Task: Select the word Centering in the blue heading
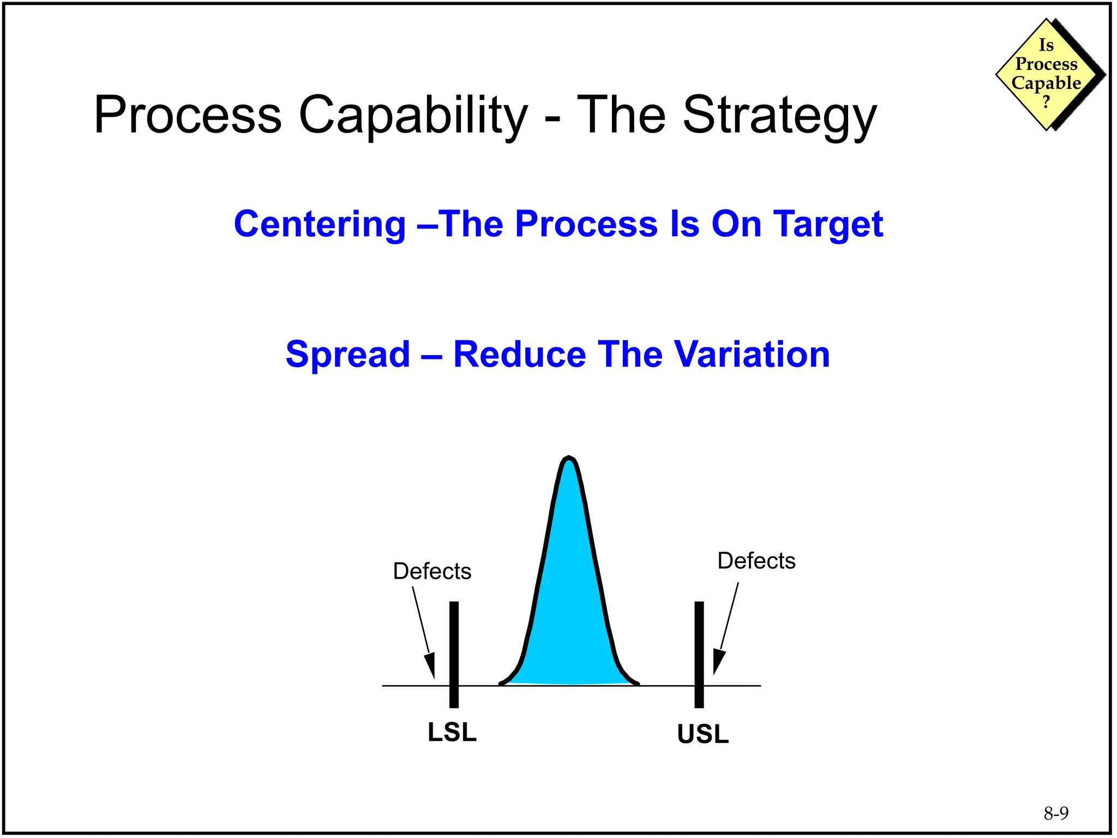(320, 224)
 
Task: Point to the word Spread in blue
(347, 355)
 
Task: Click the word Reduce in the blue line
(519, 355)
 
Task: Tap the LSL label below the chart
(452, 732)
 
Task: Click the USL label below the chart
(702, 734)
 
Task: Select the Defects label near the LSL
(432, 571)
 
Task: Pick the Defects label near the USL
(756, 561)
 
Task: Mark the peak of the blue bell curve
(569, 459)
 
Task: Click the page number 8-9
(1056, 813)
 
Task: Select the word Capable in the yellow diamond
(1046, 83)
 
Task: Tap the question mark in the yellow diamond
(1046, 101)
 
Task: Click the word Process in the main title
(188, 116)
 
